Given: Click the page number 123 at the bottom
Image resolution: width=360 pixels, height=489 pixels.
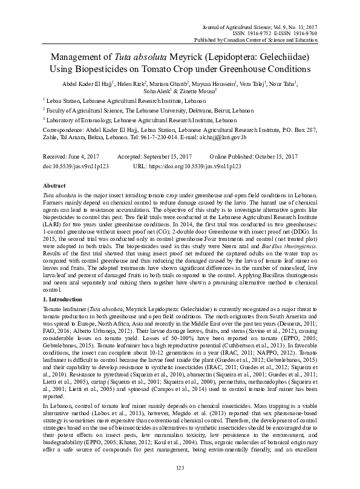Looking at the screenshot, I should point(179,468).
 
